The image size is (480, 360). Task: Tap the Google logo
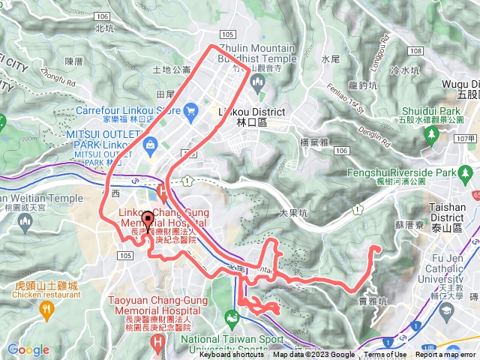(x=28, y=349)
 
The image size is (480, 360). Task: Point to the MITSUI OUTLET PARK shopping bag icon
(x=150, y=142)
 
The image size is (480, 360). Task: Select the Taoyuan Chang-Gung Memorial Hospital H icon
(x=157, y=341)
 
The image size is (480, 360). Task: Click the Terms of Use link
(x=385, y=355)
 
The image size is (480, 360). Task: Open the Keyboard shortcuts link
(x=232, y=355)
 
